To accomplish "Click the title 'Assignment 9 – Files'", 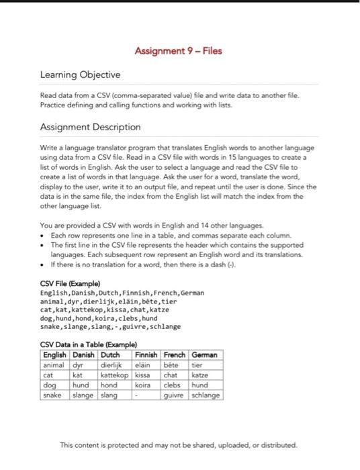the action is pos(178,51).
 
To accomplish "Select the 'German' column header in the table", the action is pos(204,355).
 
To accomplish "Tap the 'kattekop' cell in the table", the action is pos(115,375).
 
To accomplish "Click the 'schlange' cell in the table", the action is pos(206,395).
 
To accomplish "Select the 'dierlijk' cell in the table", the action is pos(112,365).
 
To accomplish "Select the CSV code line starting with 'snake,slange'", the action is pos(111,326).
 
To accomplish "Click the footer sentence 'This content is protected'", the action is pos(178,444).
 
